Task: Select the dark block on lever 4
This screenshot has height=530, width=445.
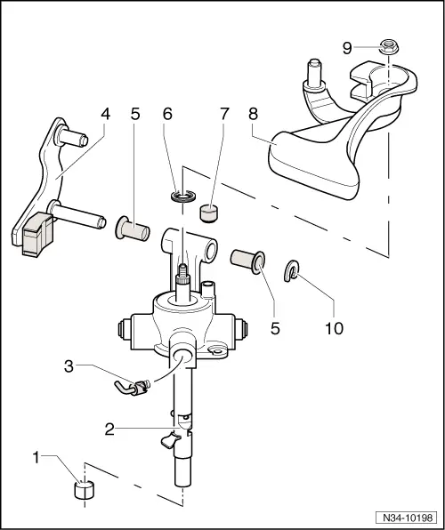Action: [x=36, y=236]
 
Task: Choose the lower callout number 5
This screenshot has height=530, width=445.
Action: [x=275, y=327]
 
